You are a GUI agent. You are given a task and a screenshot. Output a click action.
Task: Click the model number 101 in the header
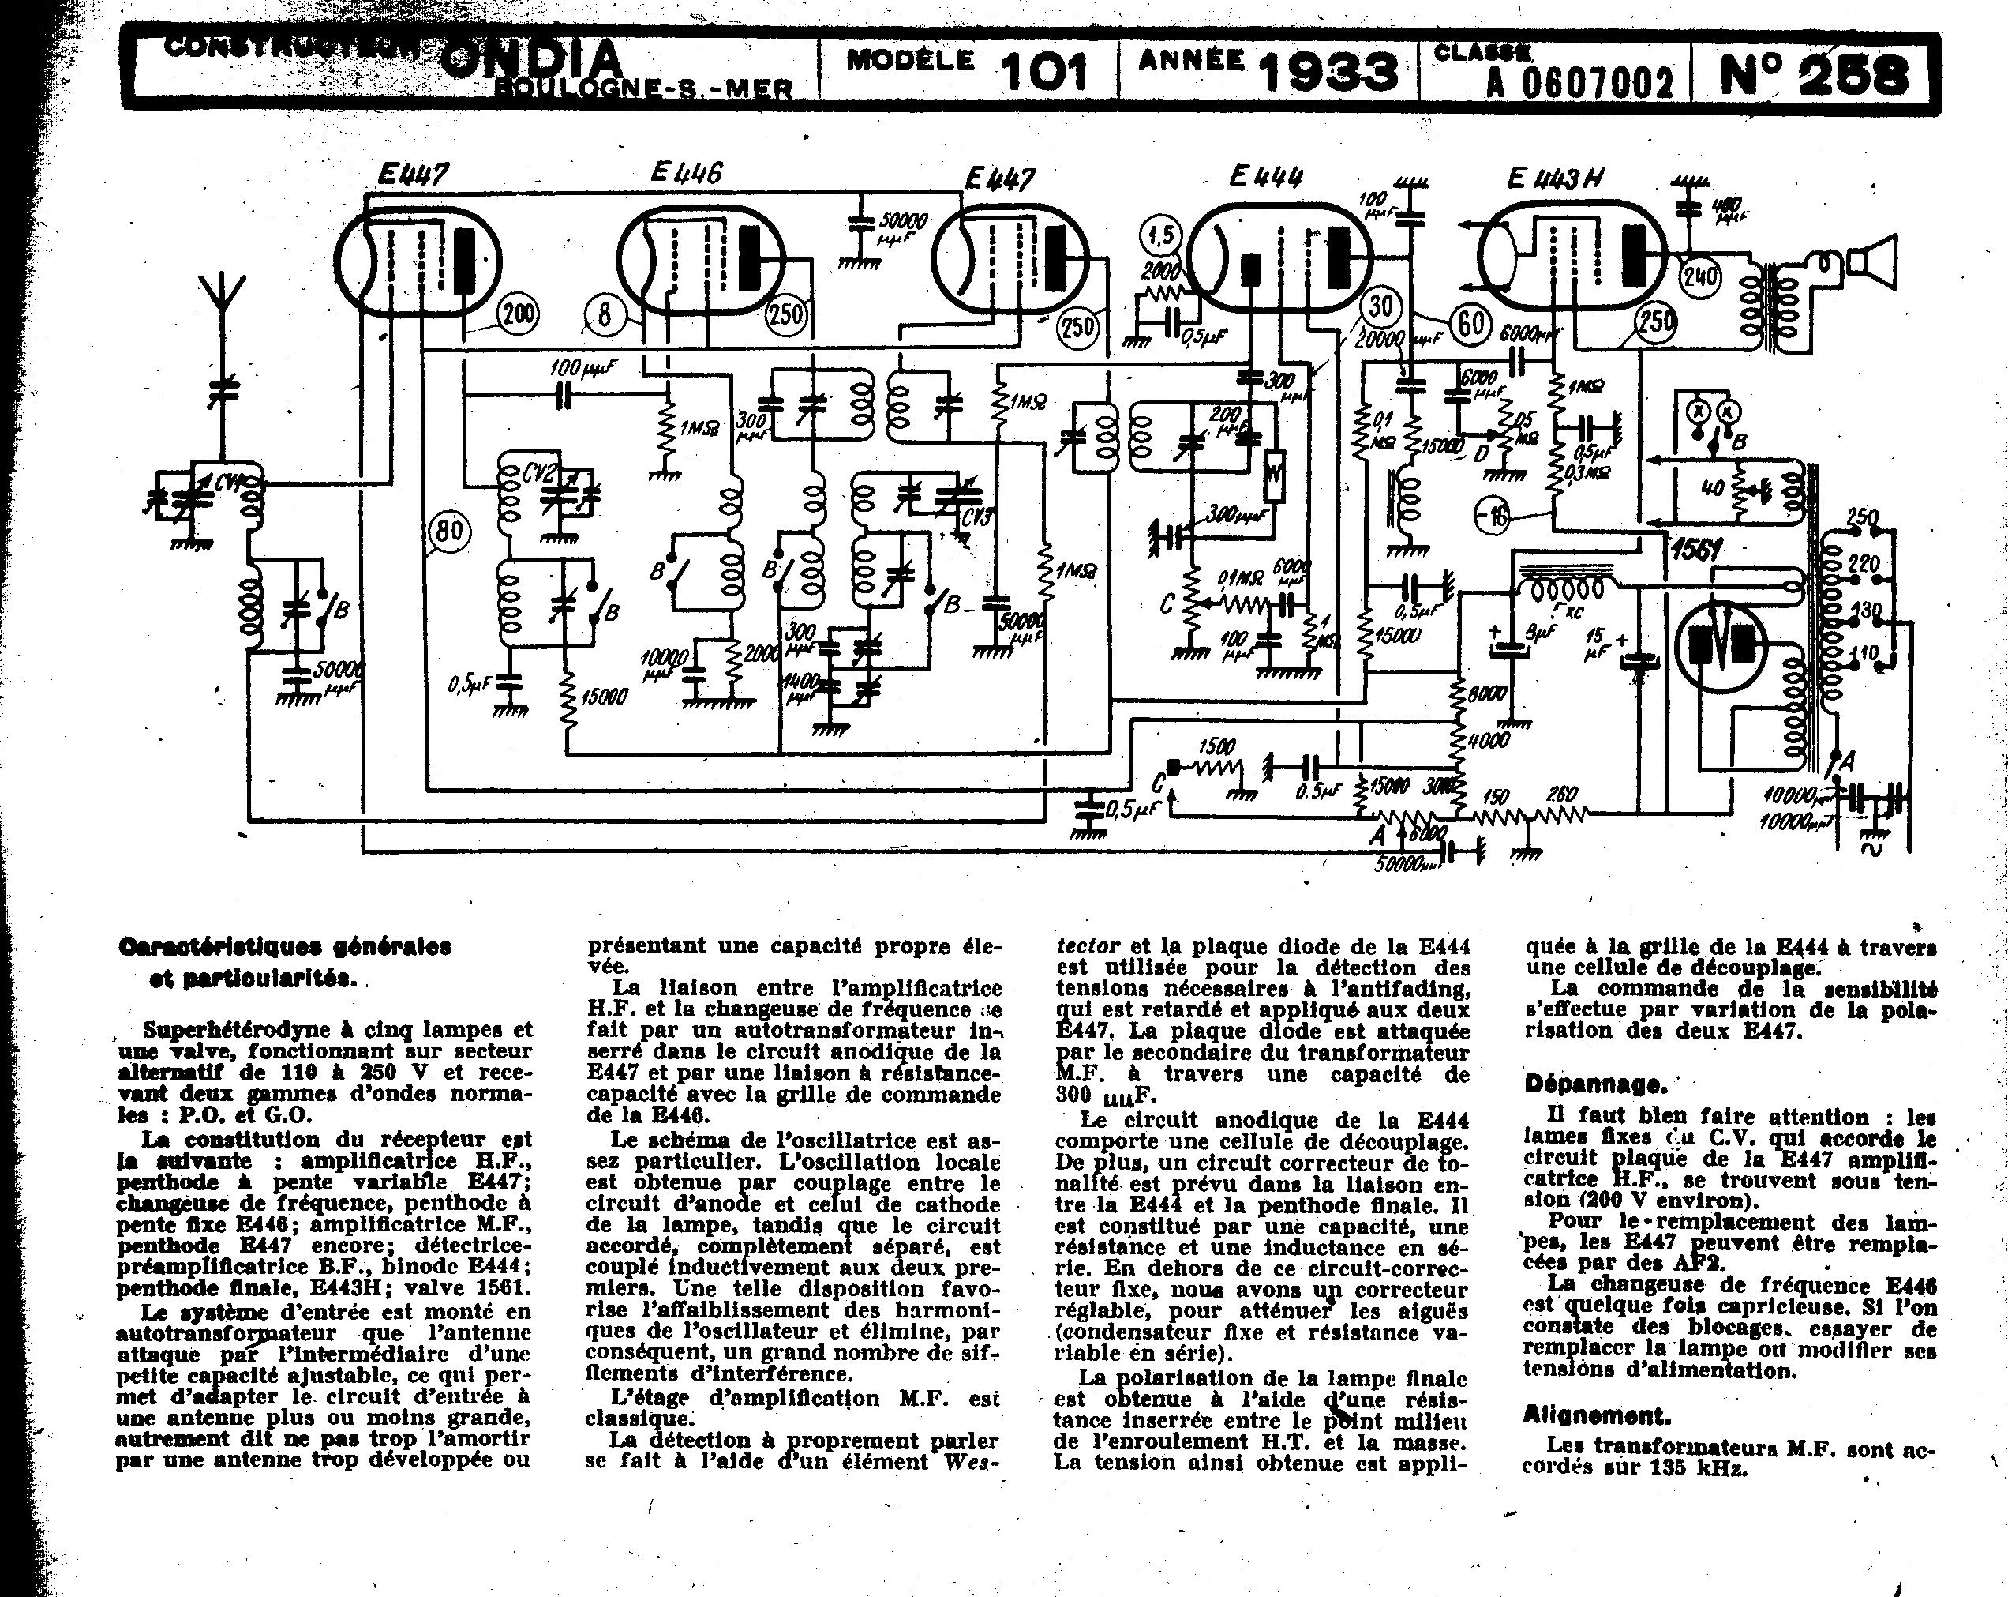click(1043, 72)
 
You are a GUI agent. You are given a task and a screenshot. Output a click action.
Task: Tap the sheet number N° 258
click(1811, 73)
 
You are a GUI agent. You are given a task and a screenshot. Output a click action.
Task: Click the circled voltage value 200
click(518, 314)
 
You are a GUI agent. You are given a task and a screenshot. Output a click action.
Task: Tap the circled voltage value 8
click(605, 315)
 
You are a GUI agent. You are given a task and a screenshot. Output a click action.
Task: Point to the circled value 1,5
click(1163, 235)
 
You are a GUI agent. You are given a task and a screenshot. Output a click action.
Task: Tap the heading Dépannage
click(1594, 1084)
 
